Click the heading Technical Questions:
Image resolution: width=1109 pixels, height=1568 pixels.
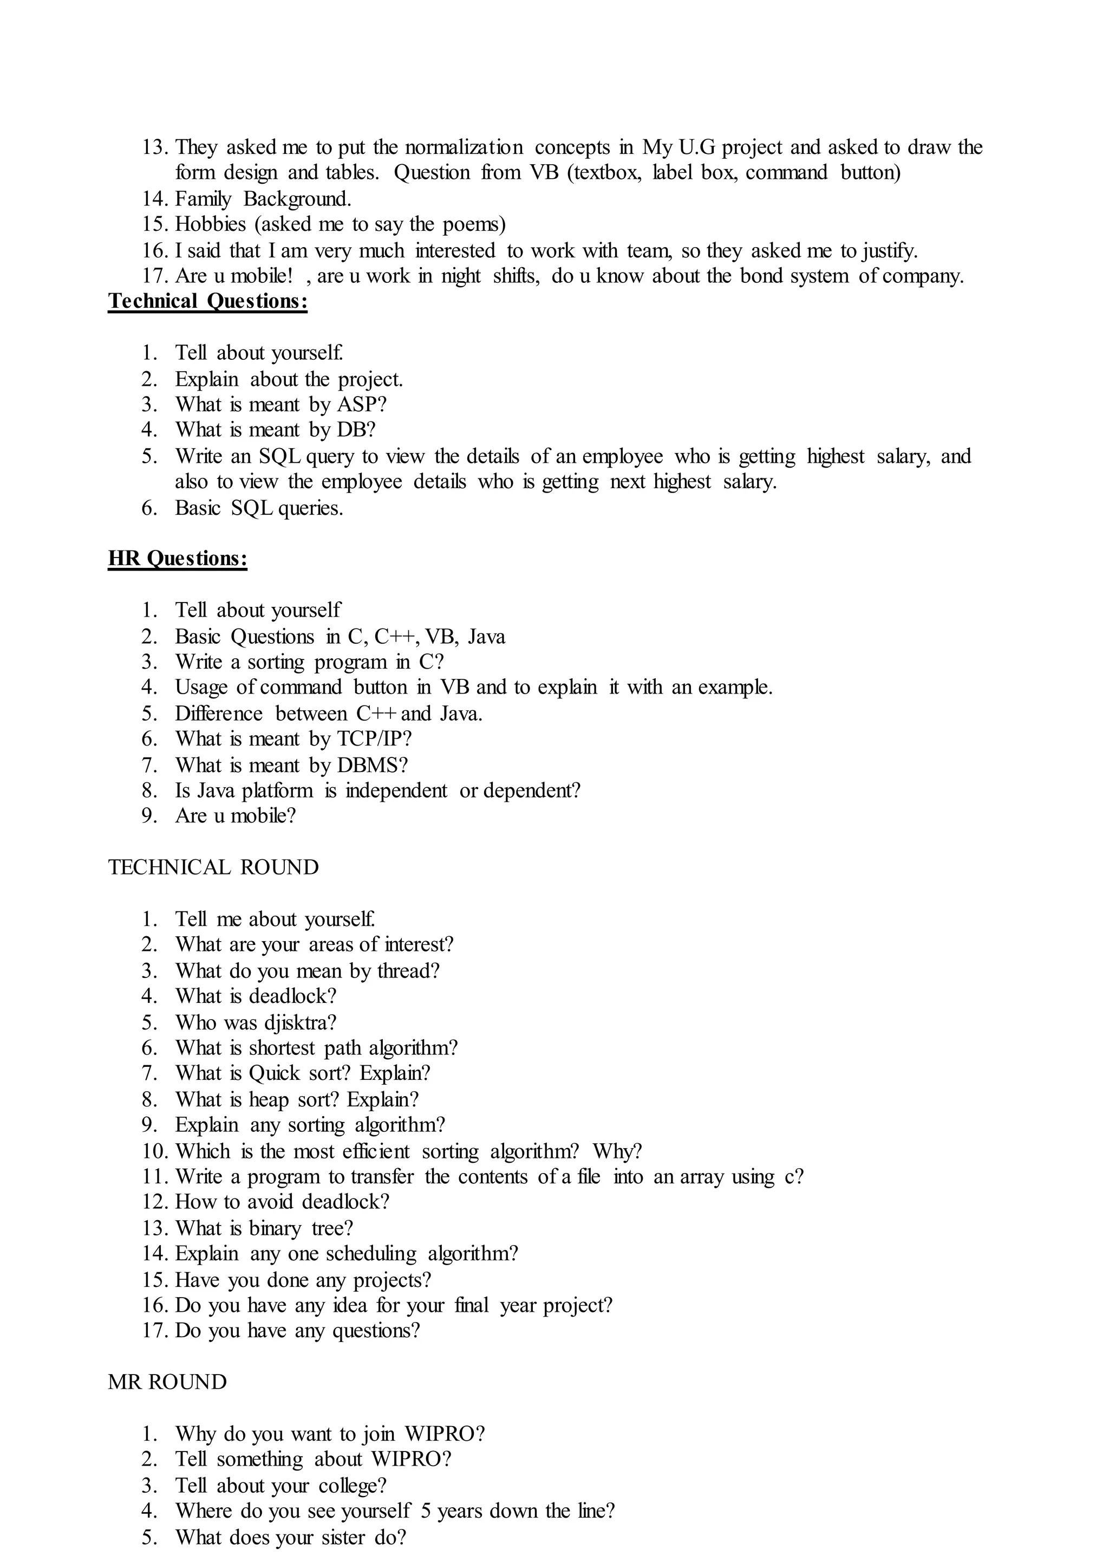tap(207, 301)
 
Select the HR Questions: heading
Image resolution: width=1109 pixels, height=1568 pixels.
tap(178, 559)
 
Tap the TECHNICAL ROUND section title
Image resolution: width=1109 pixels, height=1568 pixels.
tap(213, 867)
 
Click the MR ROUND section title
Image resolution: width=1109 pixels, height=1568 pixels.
tap(167, 1382)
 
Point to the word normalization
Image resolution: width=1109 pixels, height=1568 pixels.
tap(464, 147)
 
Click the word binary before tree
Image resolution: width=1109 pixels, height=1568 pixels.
tap(275, 1228)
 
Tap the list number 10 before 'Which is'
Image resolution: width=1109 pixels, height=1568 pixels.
tap(155, 1151)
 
